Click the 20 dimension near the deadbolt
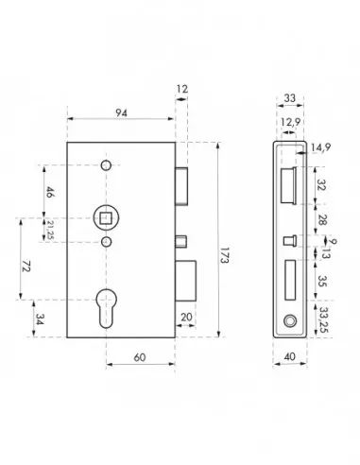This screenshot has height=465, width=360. pyautogui.click(x=187, y=318)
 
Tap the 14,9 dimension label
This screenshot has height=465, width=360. pyautogui.click(x=323, y=146)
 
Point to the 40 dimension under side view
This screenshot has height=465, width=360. pyautogui.click(x=288, y=356)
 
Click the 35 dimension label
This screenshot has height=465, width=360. pyautogui.click(x=321, y=280)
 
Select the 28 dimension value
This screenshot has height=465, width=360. pyautogui.click(x=321, y=219)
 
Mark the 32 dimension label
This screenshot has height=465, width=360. pyautogui.click(x=321, y=186)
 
